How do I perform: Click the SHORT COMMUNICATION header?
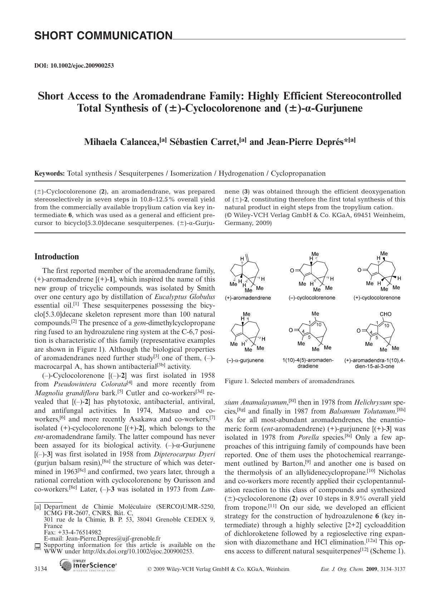103,36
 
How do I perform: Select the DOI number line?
74,65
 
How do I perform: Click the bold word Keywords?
49,173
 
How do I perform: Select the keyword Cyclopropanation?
298,173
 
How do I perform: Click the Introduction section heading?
57,256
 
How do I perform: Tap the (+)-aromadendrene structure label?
248,298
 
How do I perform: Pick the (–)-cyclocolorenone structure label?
312,298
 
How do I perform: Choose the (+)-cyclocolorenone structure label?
377,298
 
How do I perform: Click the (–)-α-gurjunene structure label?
245,360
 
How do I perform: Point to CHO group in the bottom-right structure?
385,314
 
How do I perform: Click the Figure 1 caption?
290,381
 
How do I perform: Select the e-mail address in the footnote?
102,538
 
